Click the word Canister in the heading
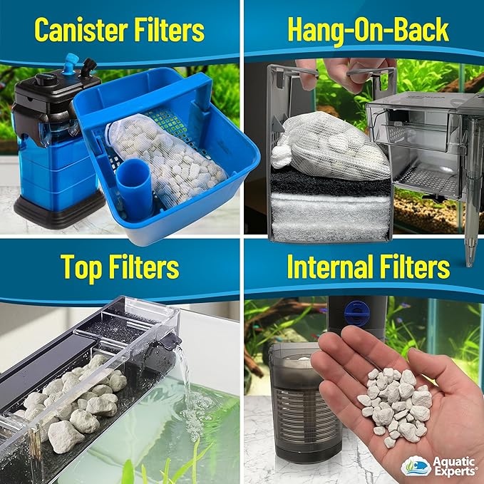[x=81, y=30]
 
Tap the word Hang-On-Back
[x=368, y=30]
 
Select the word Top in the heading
[x=81, y=267]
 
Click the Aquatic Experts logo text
[x=454, y=466]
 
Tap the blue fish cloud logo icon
[x=416, y=466]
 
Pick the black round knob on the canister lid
[x=46, y=79]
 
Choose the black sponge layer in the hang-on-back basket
[x=330, y=182]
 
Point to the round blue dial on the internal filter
[x=357, y=313]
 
